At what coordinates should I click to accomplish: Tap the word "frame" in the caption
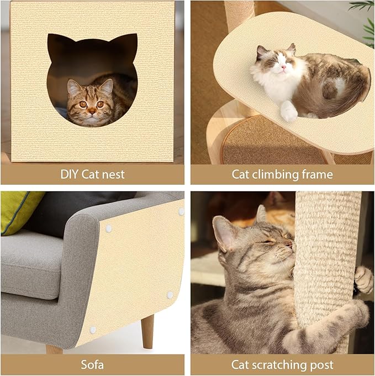(x=317, y=175)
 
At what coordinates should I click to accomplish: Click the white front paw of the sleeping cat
(x=288, y=112)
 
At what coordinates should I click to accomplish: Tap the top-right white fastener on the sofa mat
(x=181, y=211)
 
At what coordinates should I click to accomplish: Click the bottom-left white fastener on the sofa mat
(x=93, y=330)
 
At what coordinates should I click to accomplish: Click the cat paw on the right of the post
(x=364, y=279)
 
